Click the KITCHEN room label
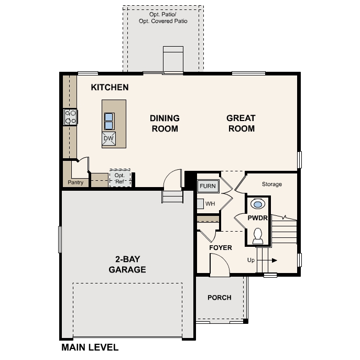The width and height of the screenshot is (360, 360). (110, 87)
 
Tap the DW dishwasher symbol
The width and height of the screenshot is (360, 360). (108, 138)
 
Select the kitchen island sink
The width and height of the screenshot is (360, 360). (109, 121)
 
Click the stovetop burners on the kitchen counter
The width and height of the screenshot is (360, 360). (70, 116)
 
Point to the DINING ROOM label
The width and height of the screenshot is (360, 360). (165, 123)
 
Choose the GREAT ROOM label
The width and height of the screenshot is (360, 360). (241, 123)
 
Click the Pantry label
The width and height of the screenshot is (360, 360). (75, 183)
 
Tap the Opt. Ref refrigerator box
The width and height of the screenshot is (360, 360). (120, 178)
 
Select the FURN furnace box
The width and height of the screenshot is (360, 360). (207, 186)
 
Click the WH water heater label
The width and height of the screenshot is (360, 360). (210, 203)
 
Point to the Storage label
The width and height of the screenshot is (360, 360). (272, 184)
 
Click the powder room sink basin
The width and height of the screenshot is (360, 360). (258, 203)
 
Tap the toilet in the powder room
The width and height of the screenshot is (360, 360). (258, 236)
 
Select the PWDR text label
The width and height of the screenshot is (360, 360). (258, 218)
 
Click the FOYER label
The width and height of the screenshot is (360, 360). (221, 247)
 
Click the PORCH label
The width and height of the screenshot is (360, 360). (219, 298)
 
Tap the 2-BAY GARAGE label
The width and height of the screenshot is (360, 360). (127, 264)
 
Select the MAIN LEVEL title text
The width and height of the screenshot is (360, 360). (90, 347)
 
